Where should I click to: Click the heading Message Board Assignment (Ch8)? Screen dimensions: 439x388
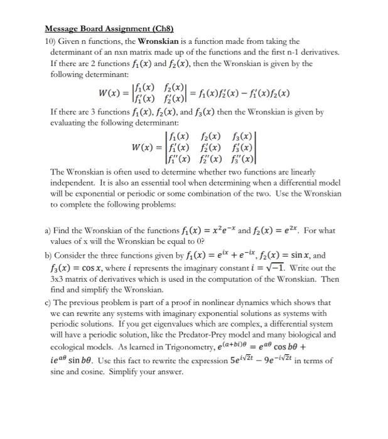click(109, 29)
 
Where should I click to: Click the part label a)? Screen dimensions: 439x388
click(47, 231)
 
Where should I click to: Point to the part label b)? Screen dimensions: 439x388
click(48, 256)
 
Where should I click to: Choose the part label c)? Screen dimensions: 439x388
click(47, 302)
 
